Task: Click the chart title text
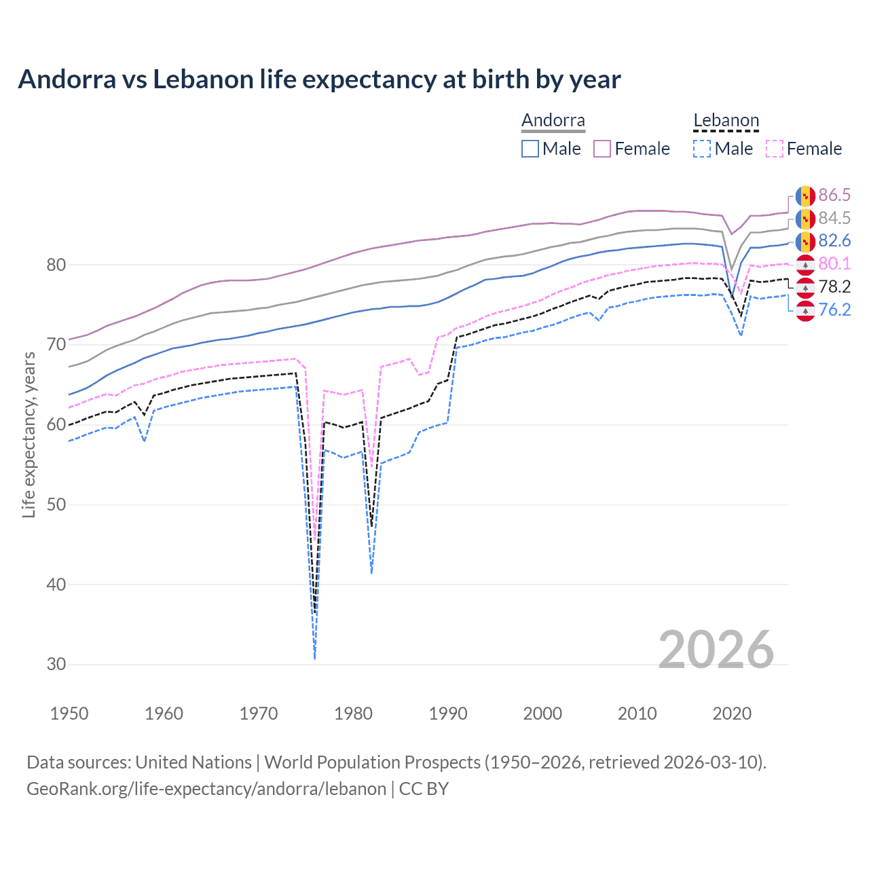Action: pyautogui.click(x=319, y=79)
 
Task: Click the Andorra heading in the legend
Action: pyautogui.click(x=553, y=121)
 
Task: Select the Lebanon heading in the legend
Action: pyautogui.click(x=726, y=121)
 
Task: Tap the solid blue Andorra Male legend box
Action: pyautogui.click(x=530, y=149)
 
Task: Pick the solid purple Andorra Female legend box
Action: pyautogui.click(x=602, y=149)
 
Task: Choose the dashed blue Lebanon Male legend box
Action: pyautogui.click(x=702, y=149)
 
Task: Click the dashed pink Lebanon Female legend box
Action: pyautogui.click(x=775, y=149)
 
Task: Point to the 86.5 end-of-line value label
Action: pyautogui.click(x=834, y=196)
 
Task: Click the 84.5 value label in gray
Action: pyautogui.click(x=834, y=218)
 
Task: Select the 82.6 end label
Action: pyautogui.click(x=834, y=241)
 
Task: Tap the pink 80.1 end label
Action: pyautogui.click(x=834, y=264)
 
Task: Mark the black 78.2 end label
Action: pyautogui.click(x=834, y=287)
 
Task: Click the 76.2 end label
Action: pyautogui.click(x=834, y=310)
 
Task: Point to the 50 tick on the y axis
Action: pyautogui.click(x=56, y=504)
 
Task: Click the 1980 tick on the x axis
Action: pyautogui.click(x=354, y=714)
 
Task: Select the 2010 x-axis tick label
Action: pyautogui.click(x=637, y=714)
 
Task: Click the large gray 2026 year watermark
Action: pyautogui.click(x=716, y=650)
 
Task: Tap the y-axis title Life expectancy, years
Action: pyautogui.click(x=29, y=435)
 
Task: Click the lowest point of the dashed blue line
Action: pyautogui.click(x=315, y=658)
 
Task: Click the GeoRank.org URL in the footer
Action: pyautogui.click(x=206, y=789)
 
